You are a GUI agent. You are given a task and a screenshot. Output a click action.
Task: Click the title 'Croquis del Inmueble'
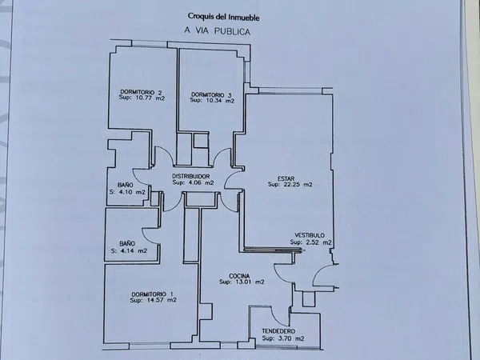(x=223, y=17)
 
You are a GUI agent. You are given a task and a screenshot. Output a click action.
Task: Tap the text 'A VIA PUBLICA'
(x=218, y=31)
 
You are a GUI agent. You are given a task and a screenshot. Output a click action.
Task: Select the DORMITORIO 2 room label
(x=141, y=92)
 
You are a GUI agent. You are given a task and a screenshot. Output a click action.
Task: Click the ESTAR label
(x=286, y=178)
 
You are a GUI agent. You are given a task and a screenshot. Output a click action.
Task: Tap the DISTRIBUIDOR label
(x=191, y=176)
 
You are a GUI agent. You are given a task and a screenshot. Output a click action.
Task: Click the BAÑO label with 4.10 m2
(x=126, y=185)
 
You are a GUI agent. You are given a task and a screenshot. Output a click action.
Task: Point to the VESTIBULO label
(x=310, y=235)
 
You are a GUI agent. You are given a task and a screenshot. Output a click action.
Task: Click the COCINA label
(x=239, y=276)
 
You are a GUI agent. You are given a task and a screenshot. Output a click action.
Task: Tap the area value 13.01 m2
(x=249, y=282)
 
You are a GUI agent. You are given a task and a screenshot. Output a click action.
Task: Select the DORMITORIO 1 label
(x=152, y=294)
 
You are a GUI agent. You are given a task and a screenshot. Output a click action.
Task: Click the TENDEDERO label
(x=278, y=331)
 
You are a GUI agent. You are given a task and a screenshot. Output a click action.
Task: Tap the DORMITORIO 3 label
(x=211, y=94)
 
